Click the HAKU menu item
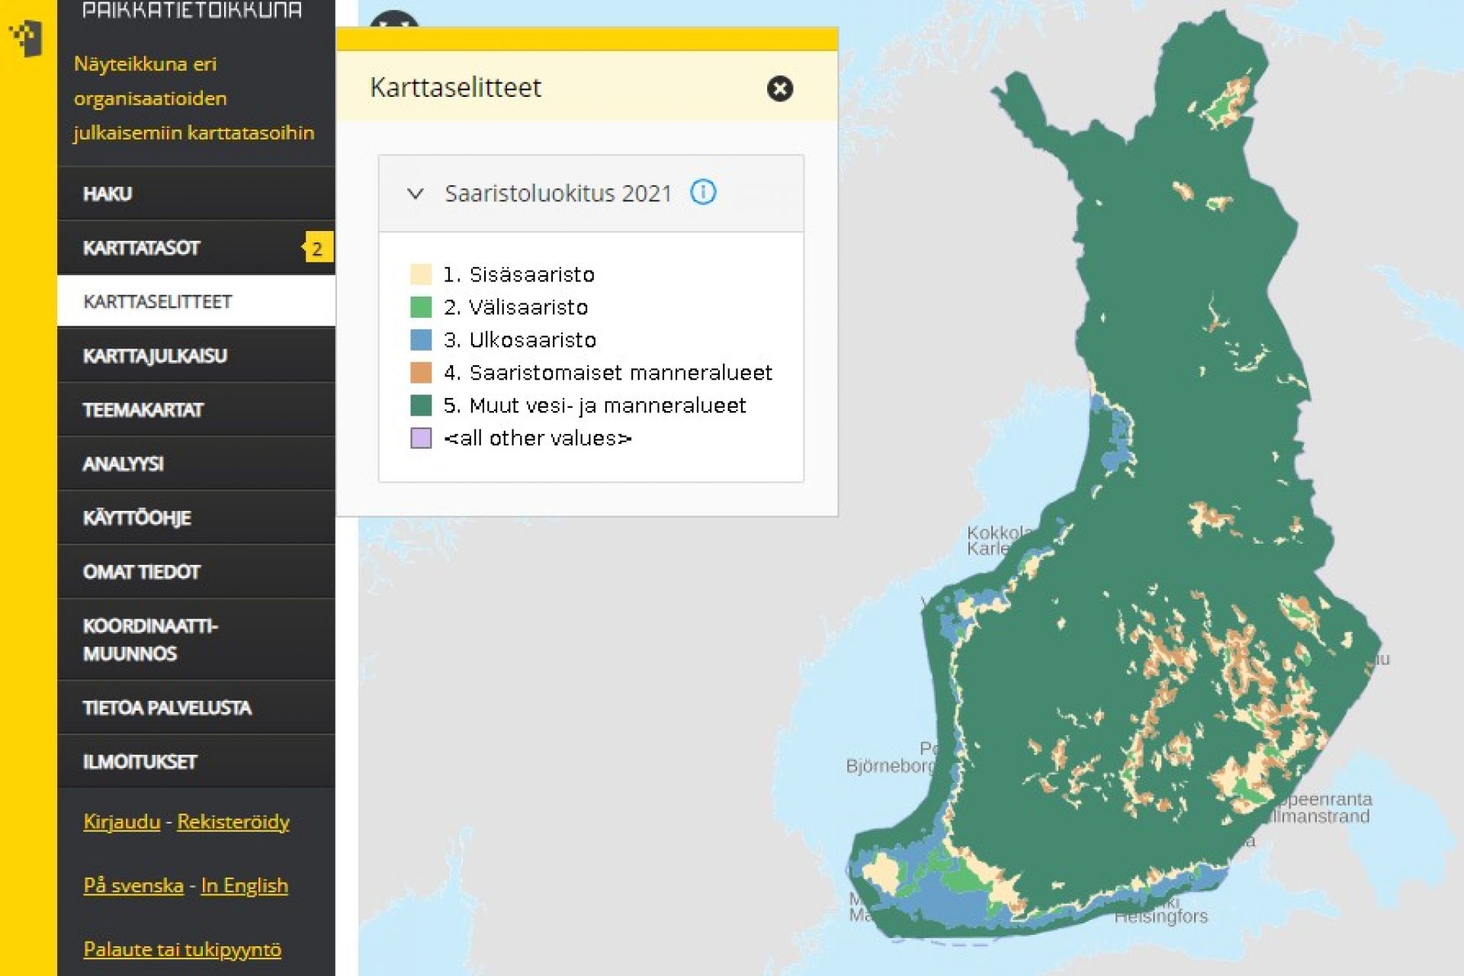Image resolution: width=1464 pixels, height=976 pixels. (108, 194)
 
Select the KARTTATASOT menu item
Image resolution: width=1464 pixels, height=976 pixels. (142, 248)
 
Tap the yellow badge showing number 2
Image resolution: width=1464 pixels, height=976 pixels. (317, 249)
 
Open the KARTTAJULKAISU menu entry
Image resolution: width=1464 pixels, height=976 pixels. (155, 356)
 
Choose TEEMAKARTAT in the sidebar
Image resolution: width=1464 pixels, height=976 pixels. (143, 410)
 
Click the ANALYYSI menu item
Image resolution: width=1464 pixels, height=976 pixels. (123, 464)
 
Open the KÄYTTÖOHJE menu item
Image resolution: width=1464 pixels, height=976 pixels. (136, 518)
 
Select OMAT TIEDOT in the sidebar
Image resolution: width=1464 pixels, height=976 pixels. (142, 572)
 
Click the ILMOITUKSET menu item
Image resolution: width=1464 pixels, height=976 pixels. (140, 762)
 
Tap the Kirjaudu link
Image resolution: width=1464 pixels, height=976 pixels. (121, 821)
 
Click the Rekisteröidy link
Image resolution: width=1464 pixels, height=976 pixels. (233, 821)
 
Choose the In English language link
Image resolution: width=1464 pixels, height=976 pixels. (245, 885)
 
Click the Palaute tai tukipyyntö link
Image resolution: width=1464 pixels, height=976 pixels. (182, 949)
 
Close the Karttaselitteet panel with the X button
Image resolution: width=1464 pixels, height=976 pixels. (779, 88)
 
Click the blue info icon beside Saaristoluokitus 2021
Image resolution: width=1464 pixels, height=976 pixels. (703, 192)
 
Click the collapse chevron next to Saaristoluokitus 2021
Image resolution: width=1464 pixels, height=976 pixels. (416, 194)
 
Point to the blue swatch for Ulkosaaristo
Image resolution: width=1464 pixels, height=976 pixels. (421, 339)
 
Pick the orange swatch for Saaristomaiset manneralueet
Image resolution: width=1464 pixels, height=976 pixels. (421, 372)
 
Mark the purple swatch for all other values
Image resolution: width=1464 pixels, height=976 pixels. (421, 438)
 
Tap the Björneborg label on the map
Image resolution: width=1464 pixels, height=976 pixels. (889, 766)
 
